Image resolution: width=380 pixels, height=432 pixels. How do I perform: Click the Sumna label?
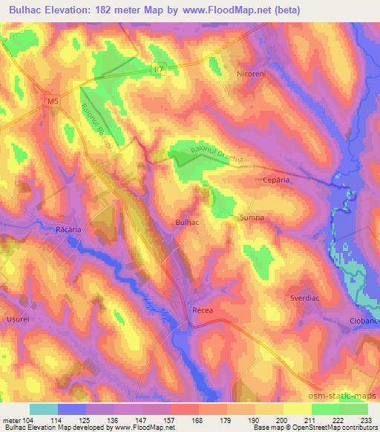point(252,218)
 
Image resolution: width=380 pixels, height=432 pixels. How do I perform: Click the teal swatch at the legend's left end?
point(44,409)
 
